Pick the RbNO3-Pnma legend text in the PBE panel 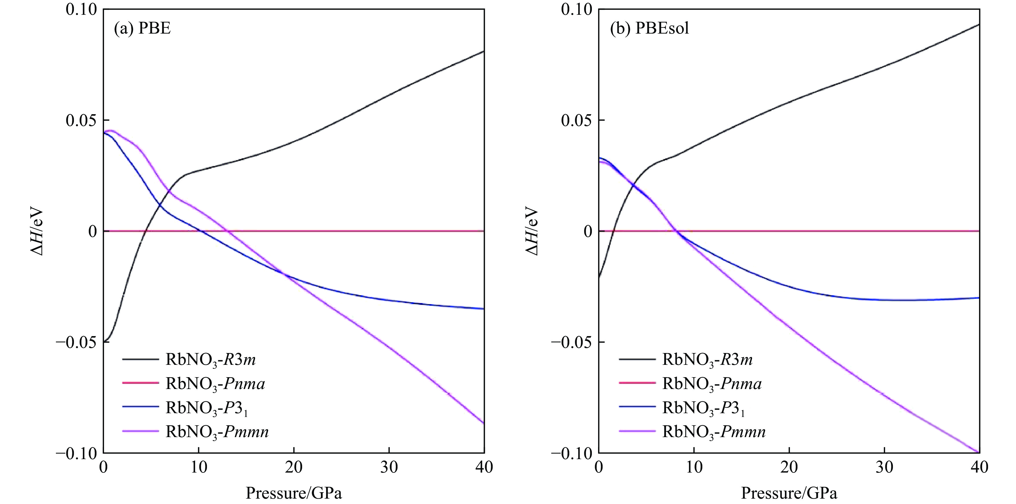[215, 383]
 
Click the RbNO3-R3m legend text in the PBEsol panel [707, 360]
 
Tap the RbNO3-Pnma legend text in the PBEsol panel [711, 383]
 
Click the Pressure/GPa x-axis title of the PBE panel [294, 493]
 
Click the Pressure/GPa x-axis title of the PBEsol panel [789, 493]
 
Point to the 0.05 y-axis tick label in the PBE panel [81, 120]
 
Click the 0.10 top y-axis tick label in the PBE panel [81, 9]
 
